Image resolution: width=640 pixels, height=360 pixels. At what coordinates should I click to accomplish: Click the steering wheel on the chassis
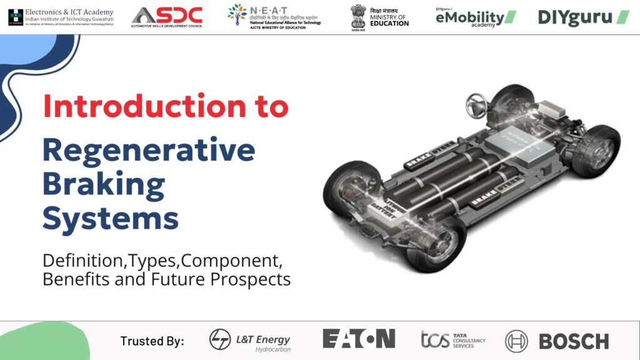[477, 102]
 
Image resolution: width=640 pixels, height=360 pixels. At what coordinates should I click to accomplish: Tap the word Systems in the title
[111, 219]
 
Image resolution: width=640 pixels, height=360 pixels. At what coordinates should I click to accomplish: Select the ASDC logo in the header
[167, 17]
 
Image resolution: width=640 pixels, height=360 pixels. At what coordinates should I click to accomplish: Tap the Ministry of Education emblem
[358, 17]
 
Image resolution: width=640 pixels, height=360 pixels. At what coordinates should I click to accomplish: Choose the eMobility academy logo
[476, 17]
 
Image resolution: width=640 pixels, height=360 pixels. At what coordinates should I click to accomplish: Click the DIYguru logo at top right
[583, 17]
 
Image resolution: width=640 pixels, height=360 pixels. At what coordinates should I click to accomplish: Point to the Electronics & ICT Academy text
[69, 12]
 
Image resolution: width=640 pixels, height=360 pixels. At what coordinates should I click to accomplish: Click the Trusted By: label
[152, 341]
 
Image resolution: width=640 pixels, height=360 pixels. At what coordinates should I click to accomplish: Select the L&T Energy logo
[250, 341]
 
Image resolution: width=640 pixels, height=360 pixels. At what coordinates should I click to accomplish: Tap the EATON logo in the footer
[359, 339]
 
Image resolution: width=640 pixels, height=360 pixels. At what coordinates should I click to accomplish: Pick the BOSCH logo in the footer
[557, 341]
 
